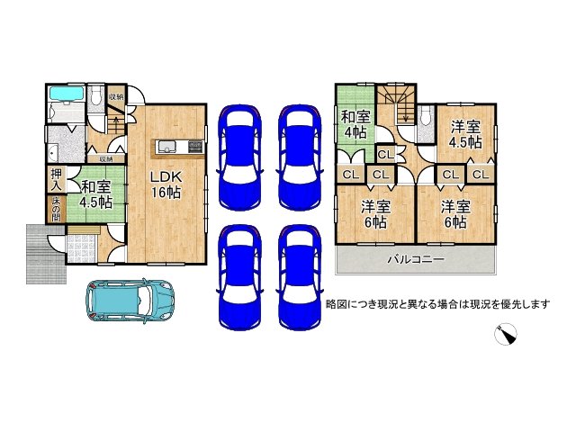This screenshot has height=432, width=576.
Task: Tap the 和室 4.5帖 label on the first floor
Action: click(x=93, y=194)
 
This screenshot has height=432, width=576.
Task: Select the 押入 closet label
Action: click(x=56, y=178)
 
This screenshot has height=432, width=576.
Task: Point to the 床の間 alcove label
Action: click(x=56, y=209)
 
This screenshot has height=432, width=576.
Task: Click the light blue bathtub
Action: click(x=66, y=94)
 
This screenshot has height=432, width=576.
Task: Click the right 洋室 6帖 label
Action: click(x=453, y=212)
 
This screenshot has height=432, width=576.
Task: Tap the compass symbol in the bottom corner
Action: click(x=506, y=335)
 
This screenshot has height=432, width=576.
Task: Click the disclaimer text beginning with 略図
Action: click(x=436, y=304)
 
